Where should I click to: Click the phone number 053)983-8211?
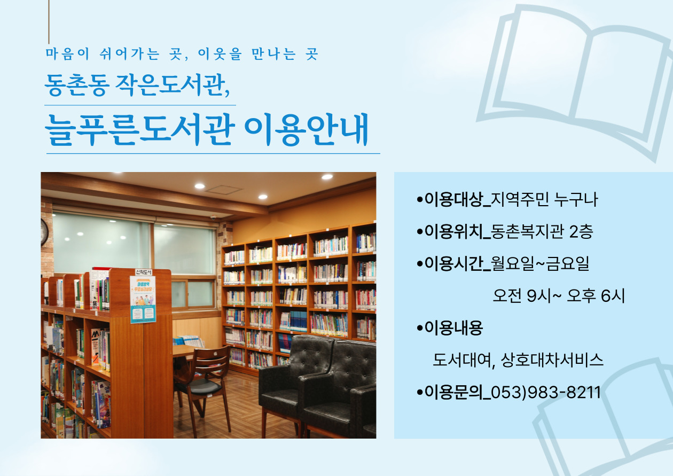coord(546,393)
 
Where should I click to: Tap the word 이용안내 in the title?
coord(307,129)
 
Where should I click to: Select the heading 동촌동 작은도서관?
coord(137,85)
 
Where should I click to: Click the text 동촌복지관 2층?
coord(542,232)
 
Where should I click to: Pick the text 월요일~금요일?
coord(540,263)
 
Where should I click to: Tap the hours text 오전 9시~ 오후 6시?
coord(559,296)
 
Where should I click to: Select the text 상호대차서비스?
coord(552,360)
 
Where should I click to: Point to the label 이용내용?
coord(453,328)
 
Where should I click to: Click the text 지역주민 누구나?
coord(544,200)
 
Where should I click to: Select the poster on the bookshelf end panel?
coord(143,299)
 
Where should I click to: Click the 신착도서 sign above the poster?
coord(144,272)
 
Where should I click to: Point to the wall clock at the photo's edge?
coord(44,232)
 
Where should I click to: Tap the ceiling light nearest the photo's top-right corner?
coord(327,177)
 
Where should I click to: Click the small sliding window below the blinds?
coord(193,294)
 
